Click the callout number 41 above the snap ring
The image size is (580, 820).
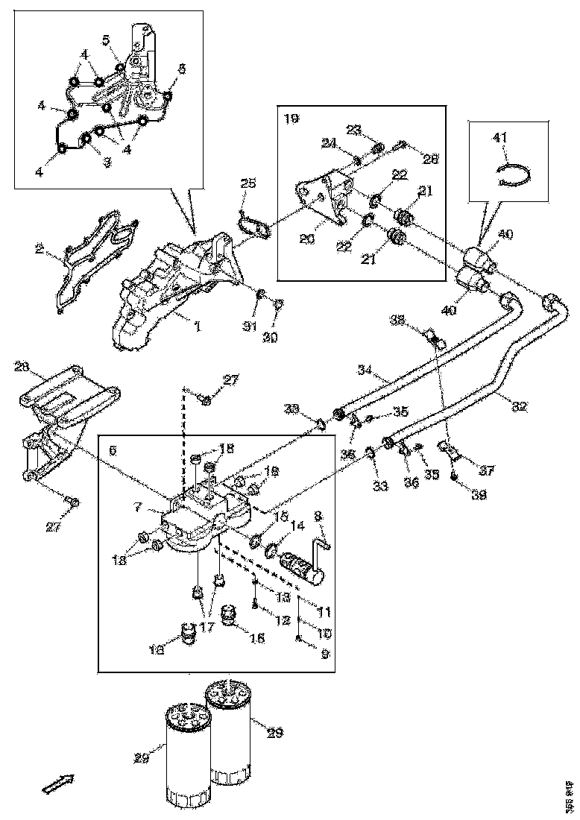click(499, 137)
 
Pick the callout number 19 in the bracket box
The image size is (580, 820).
click(290, 118)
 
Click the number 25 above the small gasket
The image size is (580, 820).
click(248, 183)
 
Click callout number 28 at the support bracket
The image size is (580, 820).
click(22, 367)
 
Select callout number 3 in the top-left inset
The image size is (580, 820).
click(107, 162)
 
